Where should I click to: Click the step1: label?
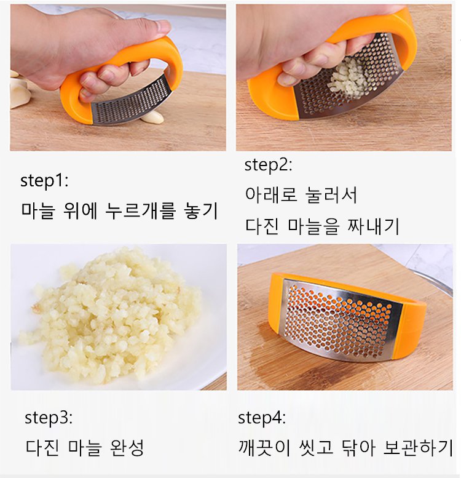point(44,180)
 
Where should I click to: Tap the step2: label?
point(268,165)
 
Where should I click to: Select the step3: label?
point(49,418)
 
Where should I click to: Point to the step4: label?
point(262,418)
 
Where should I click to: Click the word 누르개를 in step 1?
point(141,210)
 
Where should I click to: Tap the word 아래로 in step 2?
point(271,194)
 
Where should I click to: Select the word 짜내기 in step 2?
point(373,226)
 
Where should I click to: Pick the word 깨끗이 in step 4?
point(264,447)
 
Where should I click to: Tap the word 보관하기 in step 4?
point(419,447)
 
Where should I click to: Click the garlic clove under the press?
point(152,117)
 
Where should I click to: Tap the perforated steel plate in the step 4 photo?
point(339,320)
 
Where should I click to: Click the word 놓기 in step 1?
point(201,210)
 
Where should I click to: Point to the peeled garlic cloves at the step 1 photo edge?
point(20,89)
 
